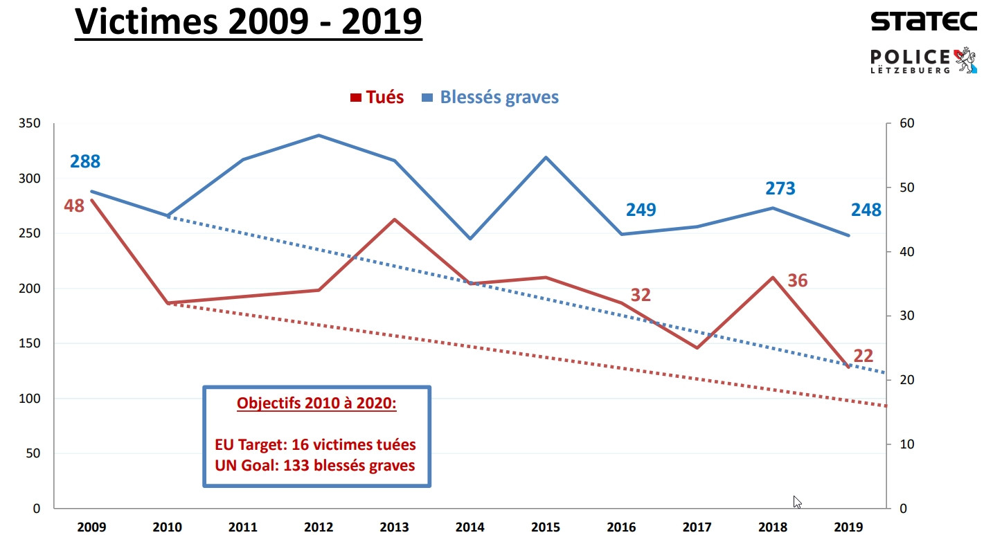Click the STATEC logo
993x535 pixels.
tap(924, 21)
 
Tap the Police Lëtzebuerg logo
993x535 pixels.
tap(924, 61)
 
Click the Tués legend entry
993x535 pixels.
tap(377, 97)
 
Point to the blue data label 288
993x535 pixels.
tap(85, 162)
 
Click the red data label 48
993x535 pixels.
tap(74, 206)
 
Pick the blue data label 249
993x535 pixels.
tap(641, 210)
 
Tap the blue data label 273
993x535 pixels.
tap(780, 188)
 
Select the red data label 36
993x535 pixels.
tap(798, 280)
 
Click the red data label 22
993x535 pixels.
tap(863, 356)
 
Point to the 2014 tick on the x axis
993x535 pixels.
tap(470, 527)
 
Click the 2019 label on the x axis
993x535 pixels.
tap(849, 527)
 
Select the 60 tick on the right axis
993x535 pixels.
tap(907, 124)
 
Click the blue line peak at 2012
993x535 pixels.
tap(319, 136)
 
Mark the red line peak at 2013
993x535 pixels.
tap(395, 219)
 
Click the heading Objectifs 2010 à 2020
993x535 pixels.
tap(316, 403)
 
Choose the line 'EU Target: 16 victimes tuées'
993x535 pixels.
tap(316, 444)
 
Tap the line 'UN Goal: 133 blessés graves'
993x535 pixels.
tap(316, 465)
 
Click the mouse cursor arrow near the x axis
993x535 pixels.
tap(797, 502)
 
